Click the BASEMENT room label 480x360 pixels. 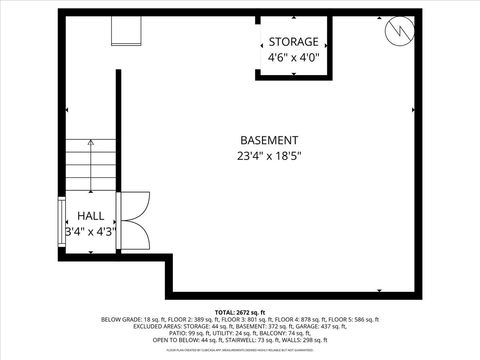click(x=269, y=140)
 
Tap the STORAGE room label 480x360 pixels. click(x=294, y=42)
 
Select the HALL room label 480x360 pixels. click(x=91, y=216)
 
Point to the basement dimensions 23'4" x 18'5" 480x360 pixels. click(x=269, y=156)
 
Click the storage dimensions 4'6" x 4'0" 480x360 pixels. click(x=294, y=58)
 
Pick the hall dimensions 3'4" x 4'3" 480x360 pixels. click(x=91, y=232)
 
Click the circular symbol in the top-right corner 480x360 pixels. click(x=399, y=31)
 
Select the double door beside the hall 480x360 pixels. click(x=133, y=221)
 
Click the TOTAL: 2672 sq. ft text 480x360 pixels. click(x=240, y=313)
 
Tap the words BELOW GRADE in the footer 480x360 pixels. click(x=121, y=320)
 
